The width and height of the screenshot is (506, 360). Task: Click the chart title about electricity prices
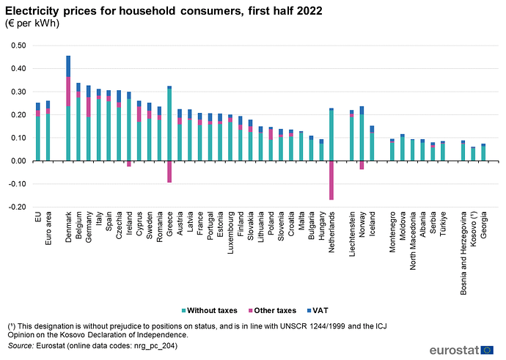(x=163, y=11)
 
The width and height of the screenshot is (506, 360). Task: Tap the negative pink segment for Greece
(x=169, y=172)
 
